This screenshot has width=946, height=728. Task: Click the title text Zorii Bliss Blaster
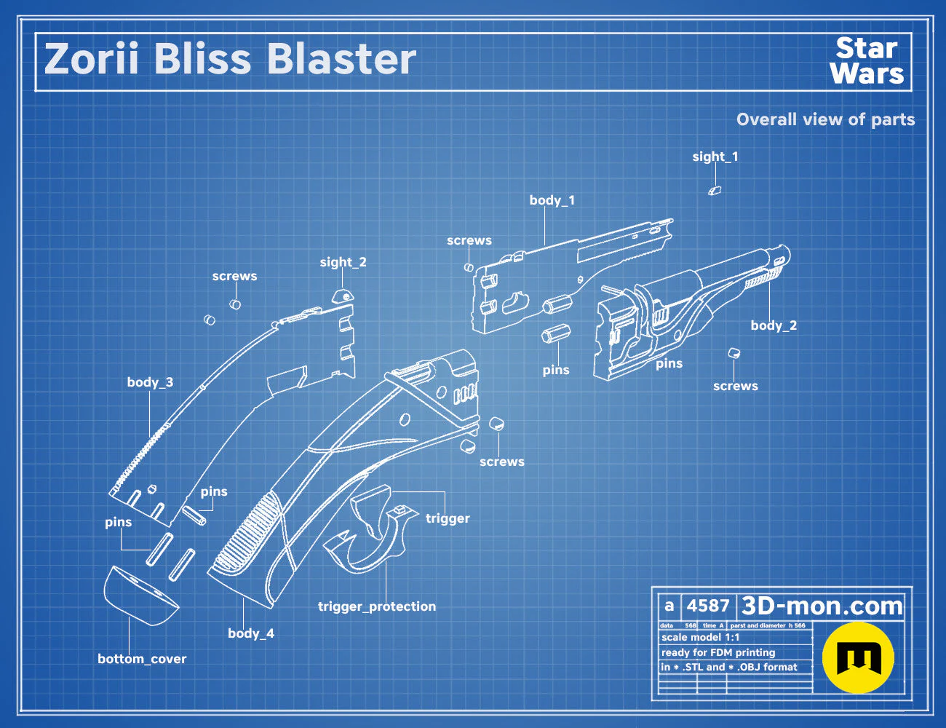230,59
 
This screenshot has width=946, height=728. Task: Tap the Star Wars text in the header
867,60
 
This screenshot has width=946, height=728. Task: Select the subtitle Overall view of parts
825,119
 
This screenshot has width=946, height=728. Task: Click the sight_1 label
715,157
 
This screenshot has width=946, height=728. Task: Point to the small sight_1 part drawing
715,190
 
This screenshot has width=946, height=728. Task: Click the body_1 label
552,200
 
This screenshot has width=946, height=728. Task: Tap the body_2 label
774,325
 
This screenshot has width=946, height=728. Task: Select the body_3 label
150,382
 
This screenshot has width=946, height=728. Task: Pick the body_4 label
251,633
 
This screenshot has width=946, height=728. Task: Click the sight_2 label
343,262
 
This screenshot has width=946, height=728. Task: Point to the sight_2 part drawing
343,296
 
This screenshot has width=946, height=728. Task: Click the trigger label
448,518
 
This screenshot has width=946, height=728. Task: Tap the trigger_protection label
376,606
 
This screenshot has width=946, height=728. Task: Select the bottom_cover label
142,659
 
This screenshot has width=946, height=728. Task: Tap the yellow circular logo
858,658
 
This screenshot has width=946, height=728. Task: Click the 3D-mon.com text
822,606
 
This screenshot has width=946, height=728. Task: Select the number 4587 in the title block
708,606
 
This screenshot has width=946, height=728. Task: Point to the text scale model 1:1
701,638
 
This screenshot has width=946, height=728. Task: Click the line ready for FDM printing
718,652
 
